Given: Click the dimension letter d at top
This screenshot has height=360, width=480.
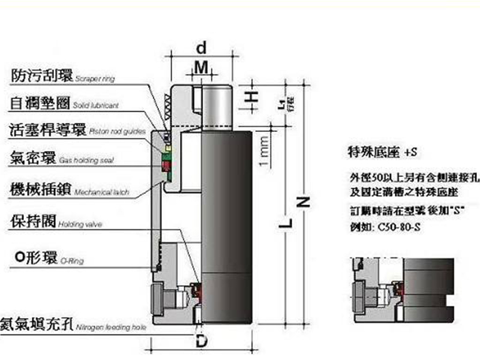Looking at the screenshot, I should pos(202,46).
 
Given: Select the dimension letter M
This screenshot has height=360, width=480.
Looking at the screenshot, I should pos(203,68).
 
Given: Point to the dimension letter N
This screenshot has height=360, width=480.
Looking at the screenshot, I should pos(304,202).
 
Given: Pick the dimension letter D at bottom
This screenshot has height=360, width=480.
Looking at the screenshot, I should pos(202,341).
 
